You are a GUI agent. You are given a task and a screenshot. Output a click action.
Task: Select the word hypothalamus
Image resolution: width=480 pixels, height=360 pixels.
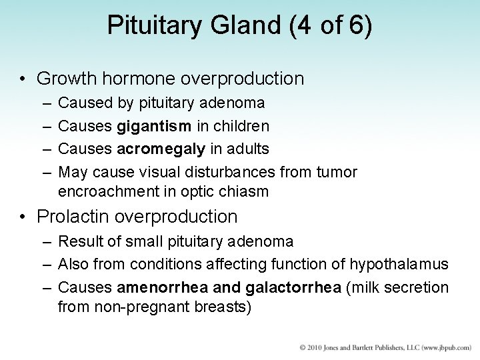click(398, 265)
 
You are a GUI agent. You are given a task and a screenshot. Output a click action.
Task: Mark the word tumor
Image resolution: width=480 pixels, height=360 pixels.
click(338, 172)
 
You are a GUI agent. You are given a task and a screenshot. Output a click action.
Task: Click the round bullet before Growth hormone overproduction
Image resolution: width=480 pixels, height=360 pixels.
click(23, 79)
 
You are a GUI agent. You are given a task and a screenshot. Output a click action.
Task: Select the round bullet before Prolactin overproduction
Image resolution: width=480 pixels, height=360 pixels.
click(23, 217)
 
